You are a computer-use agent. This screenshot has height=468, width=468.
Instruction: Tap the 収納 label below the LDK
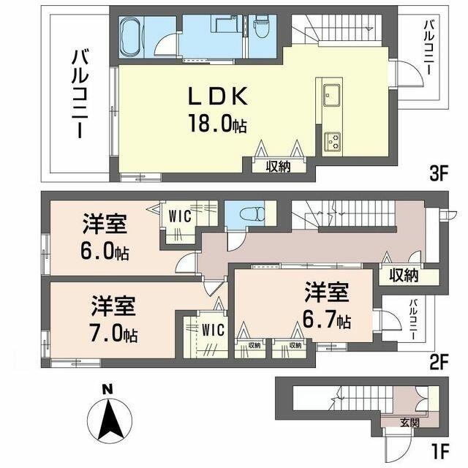click(x=279, y=165)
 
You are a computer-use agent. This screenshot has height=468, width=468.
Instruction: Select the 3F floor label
click(x=437, y=175)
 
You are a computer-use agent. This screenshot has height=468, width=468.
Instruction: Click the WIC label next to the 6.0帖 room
click(x=180, y=216)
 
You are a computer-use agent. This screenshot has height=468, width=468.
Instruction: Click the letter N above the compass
click(x=107, y=390)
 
